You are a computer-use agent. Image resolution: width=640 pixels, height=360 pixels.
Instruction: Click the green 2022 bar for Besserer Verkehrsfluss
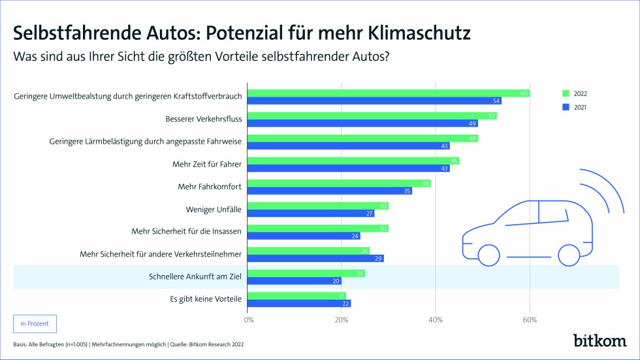coord(372,116)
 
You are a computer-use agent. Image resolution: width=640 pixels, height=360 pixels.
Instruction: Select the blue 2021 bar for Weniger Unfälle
coord(311,213)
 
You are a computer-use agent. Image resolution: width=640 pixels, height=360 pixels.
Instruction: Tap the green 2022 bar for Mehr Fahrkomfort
coord(339,184)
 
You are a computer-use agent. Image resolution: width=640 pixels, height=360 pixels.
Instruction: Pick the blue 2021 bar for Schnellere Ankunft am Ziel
coord(295,280)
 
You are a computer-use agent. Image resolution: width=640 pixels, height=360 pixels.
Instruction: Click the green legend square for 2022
coord(566,93)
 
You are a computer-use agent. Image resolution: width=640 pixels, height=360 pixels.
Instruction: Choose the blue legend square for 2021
coord(566,107)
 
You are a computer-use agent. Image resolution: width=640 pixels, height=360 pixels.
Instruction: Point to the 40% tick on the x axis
coord(436,319)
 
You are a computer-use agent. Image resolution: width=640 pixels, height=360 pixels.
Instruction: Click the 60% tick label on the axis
coord(530,319)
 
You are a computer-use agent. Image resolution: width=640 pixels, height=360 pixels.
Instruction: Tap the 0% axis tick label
coord(248,319)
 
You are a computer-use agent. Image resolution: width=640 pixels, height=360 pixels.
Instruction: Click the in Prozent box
coord(35,323)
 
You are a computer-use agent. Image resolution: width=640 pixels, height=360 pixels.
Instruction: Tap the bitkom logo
coord(600,340)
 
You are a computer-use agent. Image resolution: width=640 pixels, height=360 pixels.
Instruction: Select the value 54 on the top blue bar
coord(496,101)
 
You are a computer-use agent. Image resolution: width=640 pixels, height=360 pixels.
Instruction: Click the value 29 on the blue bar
coord(379,258)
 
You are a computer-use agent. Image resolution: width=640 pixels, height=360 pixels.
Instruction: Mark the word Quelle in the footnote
coord(179,344)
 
